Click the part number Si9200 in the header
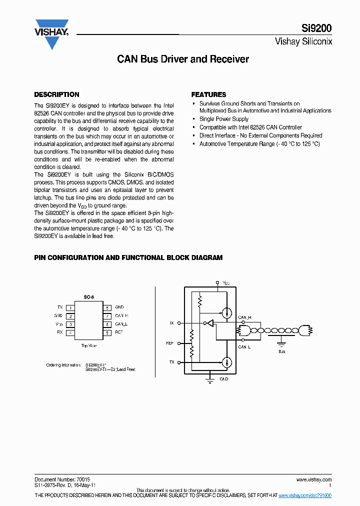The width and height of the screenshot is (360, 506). (x=317, y=29)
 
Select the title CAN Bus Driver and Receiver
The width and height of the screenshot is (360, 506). (x=183, y=59)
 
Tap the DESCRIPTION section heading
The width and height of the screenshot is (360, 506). (x=56, y=94)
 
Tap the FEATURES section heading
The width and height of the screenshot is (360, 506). (x=208, y=94)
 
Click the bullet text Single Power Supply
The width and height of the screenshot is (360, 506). (x=224, y=119)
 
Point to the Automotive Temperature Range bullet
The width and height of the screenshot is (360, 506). (x=259, y=144)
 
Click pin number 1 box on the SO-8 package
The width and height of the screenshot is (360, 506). (x=71, y=307)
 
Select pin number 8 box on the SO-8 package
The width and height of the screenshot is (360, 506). (x=107, y=307)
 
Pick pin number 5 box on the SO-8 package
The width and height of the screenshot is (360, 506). (x=107, y=332)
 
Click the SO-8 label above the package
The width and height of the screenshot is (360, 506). (x=88, y=297)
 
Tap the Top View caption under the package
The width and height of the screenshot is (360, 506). (x=88, y=345)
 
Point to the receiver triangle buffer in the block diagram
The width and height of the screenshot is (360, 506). (x=210, y=323)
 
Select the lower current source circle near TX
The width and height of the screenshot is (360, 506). (x=227, y=362)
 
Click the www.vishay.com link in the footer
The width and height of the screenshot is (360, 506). (x=314, y=479)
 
